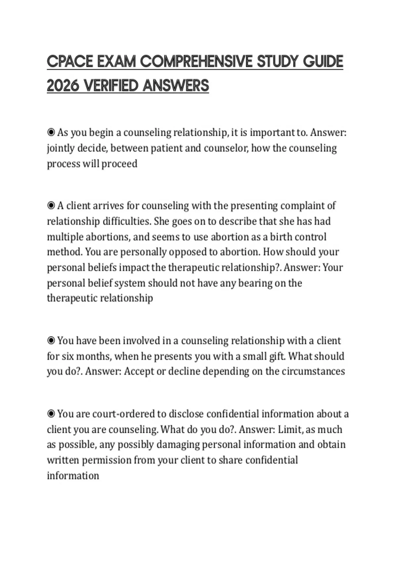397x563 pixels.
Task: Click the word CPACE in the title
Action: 70,62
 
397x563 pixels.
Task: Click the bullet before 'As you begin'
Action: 51,132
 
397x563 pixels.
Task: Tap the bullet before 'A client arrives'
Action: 51,206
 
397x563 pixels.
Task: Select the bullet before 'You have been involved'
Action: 51,340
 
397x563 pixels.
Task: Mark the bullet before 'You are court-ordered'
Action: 51,414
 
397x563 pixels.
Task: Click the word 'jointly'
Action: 61,148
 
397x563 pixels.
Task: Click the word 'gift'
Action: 278,356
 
